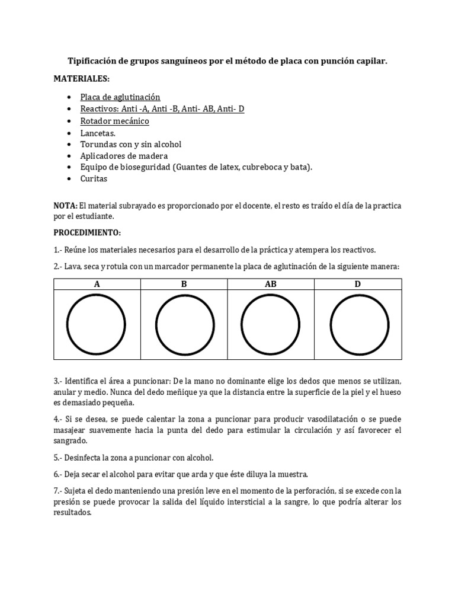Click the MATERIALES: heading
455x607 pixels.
tap(82, 78)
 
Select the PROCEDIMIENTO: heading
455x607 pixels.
tap(87, 232)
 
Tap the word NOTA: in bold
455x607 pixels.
tap(65, 205)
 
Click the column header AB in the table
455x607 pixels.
tap(271, 285)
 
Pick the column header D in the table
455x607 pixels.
tap(358, 285)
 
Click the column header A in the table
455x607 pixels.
tap(97, 285)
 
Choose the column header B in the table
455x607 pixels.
tap(184, 285)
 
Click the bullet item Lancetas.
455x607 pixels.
tap(98, 133)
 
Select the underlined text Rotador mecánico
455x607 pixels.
tap(115, 121)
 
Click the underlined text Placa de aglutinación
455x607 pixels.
tap(120, 97)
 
